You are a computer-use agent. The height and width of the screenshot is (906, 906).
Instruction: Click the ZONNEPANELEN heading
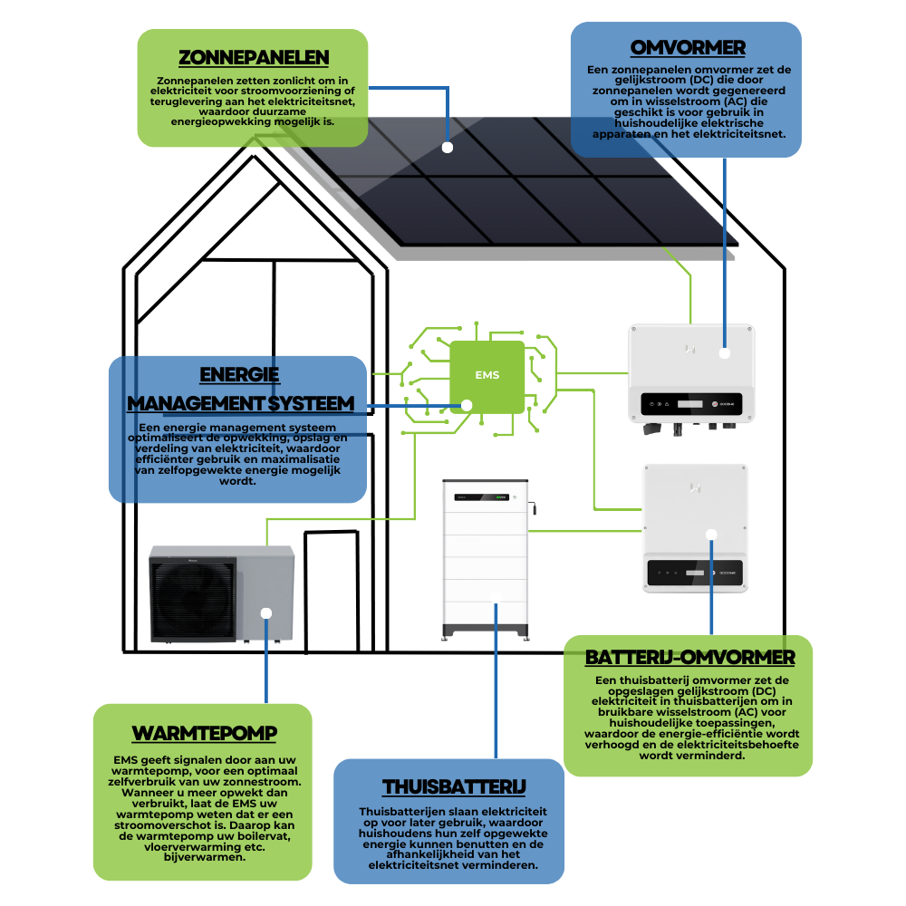tap(253, 57)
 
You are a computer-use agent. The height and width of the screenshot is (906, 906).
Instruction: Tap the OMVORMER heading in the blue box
tap(688, 46)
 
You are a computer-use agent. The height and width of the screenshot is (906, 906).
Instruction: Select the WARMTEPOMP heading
tap(205, 732)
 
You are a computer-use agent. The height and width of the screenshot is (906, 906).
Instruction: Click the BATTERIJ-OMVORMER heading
tap(689, 657)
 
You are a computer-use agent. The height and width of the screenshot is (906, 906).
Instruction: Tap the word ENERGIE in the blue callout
tap(239, 375)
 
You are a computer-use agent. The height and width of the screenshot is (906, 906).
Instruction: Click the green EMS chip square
tap(487, 375)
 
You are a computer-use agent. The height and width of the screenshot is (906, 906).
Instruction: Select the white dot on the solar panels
tap(447, 146)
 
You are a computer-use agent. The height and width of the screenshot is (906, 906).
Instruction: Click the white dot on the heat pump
tap(266, 612)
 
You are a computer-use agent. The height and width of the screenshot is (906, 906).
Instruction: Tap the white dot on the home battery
tap(496, 596)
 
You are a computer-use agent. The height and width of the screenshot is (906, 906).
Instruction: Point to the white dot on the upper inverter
tap(724, 353)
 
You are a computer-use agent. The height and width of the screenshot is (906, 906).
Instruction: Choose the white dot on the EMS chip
tap(467, 405)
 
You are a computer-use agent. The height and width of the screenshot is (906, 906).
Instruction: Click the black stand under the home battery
tap(485, 632)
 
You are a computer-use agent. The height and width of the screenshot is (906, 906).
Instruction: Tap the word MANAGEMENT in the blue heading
tap(196, 402)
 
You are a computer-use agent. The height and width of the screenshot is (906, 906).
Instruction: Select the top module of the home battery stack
tap(485, 496)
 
